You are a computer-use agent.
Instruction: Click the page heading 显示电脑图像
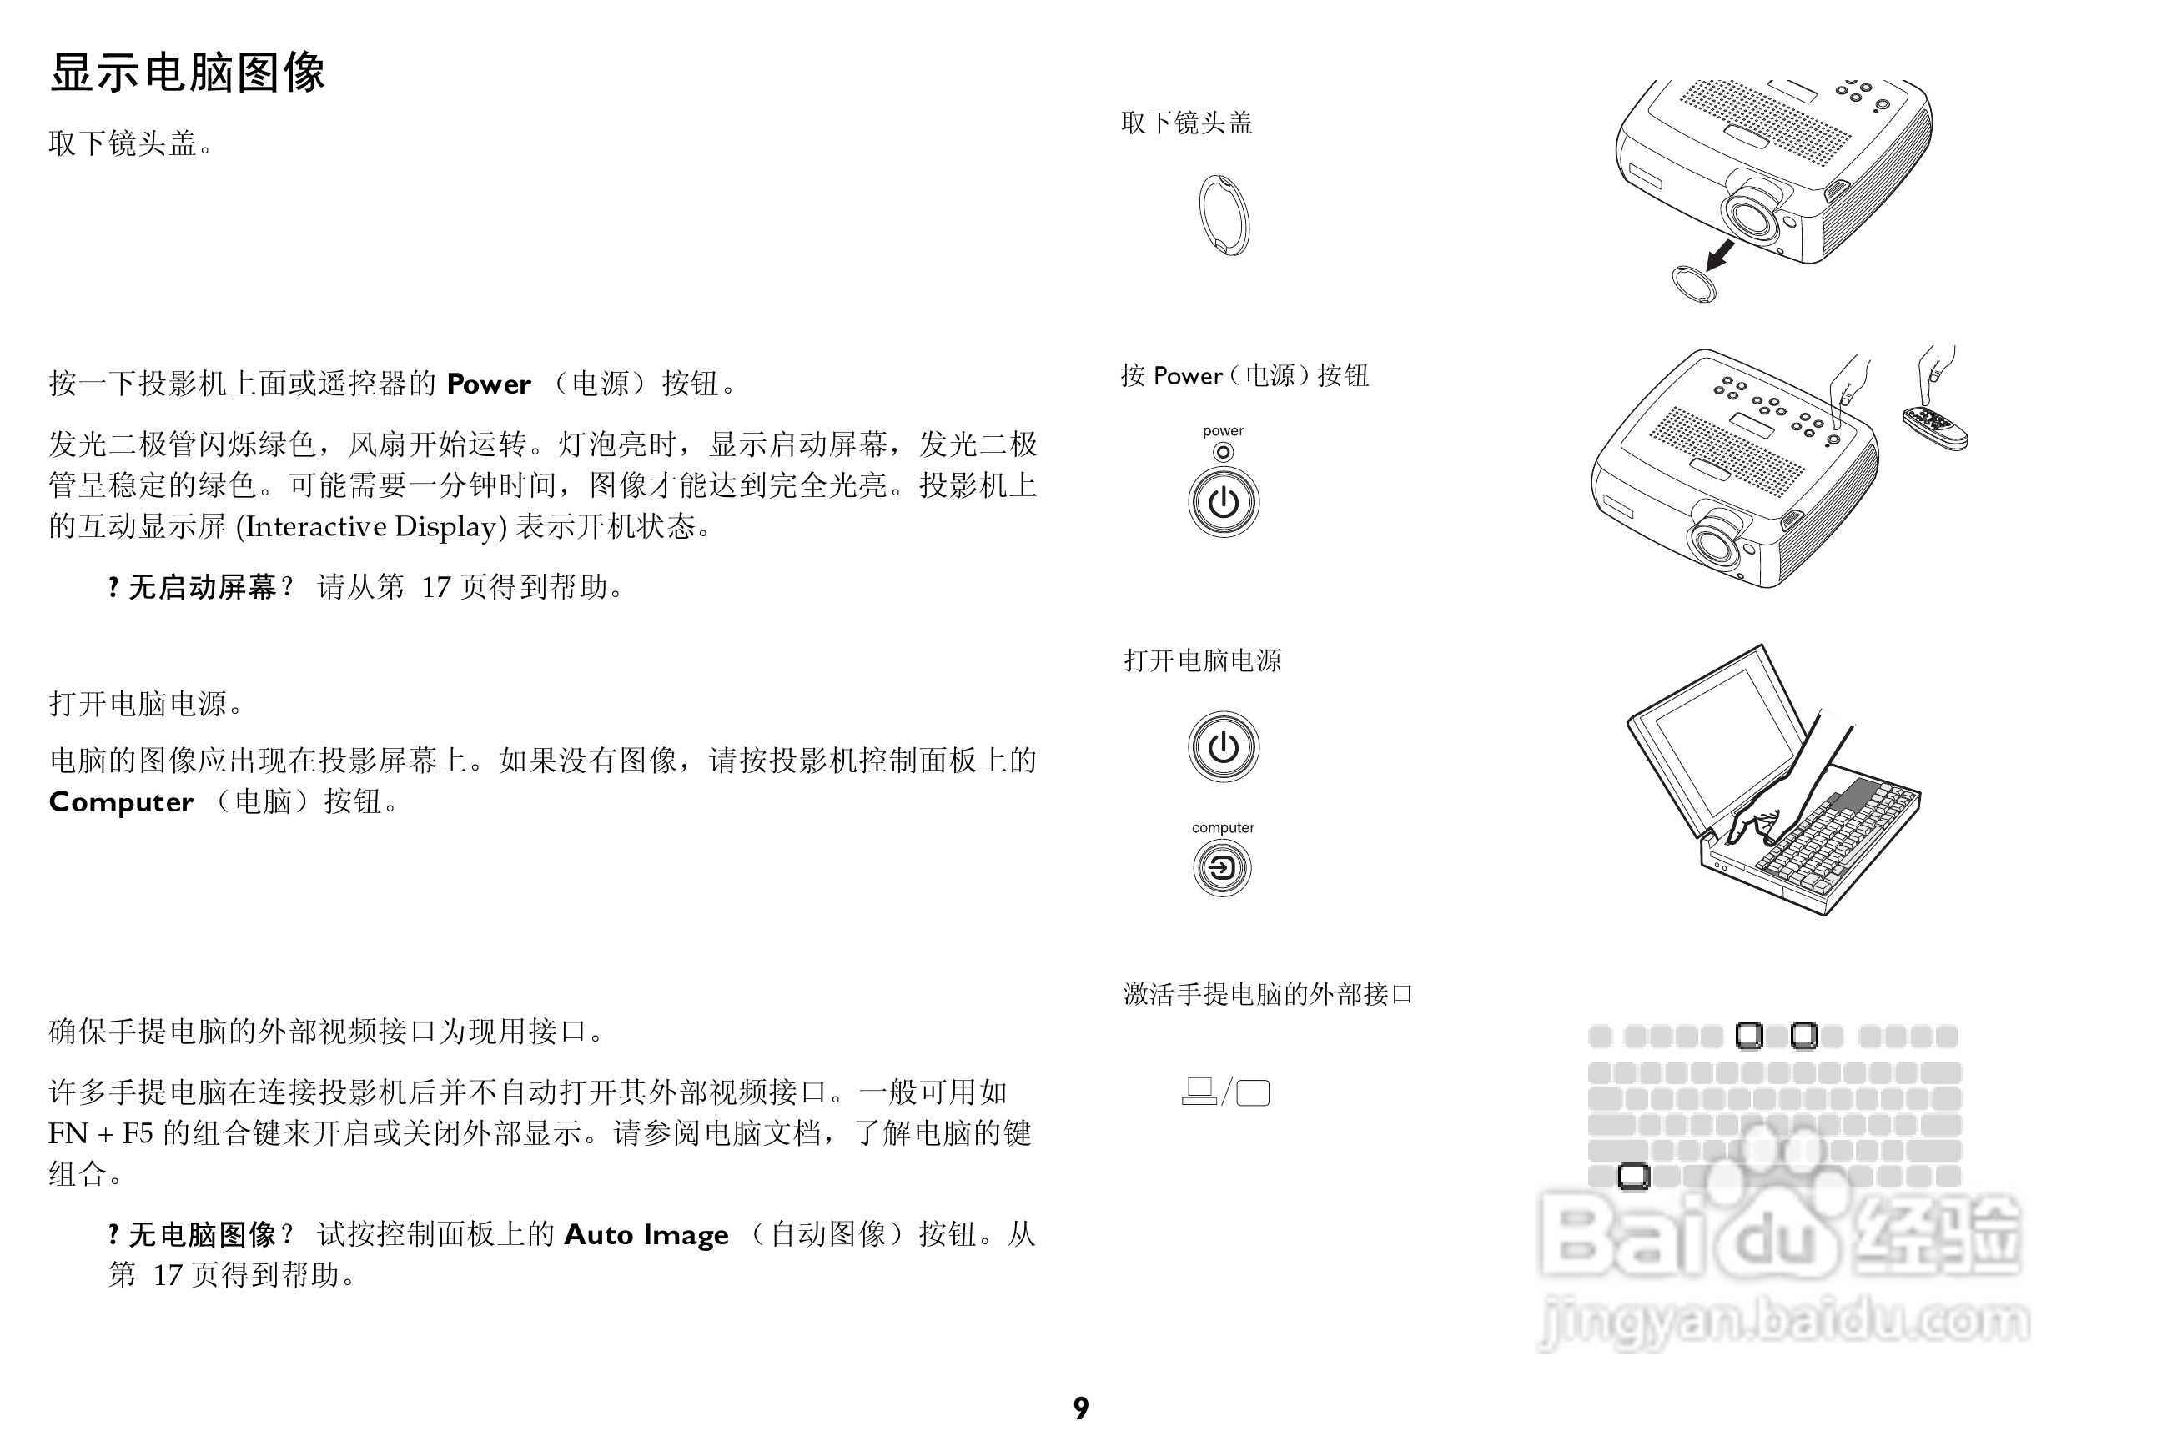coord(188,73)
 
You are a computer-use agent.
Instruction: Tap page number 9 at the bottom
coord(1081,1408)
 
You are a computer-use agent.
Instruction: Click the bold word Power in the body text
coord(488,384)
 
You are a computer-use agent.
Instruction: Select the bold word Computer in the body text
coord(121,802)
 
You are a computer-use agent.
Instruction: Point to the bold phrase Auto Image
coord(646,1235)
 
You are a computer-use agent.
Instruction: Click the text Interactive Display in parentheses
coord(371,526)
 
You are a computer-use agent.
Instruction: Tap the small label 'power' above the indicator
coord(1223,431)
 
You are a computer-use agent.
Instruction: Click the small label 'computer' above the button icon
coord(1223,828)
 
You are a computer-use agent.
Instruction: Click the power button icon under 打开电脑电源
coord(1223,746)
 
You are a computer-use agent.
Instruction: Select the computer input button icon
coord(1222,867)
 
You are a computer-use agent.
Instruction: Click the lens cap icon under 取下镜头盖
coord(1224,215)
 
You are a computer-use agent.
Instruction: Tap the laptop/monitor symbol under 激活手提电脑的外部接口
coord(1225,1092)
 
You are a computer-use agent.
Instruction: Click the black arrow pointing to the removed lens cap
coord(1720,254)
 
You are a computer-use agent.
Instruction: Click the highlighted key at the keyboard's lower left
coord(1633,1176)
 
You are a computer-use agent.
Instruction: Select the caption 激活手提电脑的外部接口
coord(1268,994)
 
